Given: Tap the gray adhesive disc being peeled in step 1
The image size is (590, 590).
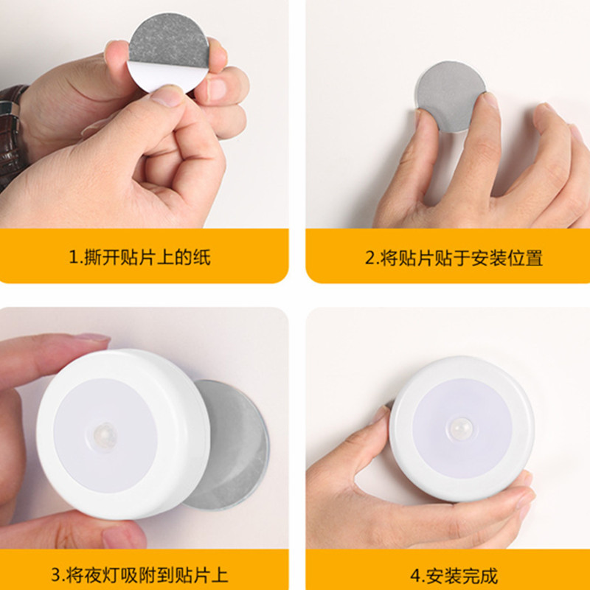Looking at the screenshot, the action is (x=169, y=41).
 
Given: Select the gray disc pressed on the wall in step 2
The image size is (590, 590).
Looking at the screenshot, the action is (x=450, y=95).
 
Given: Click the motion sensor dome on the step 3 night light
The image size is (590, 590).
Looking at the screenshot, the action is (x=105, y=435).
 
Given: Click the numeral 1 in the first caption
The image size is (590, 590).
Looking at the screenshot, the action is (x=73, y=257).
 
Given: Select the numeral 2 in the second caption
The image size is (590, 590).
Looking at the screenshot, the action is (x=370, y=257).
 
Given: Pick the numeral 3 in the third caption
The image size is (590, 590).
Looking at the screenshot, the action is (x=57, y=575).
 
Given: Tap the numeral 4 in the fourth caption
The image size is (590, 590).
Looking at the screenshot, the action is (x=416, y=575).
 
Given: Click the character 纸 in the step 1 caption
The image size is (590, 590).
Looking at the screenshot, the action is (x=201, y=257).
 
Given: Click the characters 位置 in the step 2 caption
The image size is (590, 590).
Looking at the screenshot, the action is (x=525, y=258).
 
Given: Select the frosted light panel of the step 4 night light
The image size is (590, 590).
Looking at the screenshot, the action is (x=462, y=428).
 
